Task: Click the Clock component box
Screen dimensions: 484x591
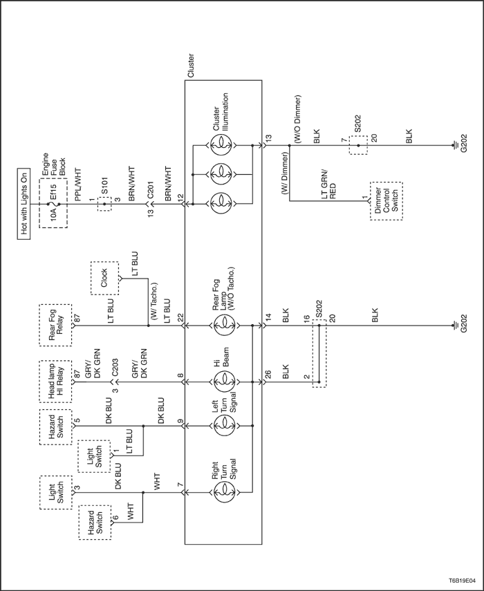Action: tap(104, 278)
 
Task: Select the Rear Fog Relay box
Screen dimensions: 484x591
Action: tap(55, 325)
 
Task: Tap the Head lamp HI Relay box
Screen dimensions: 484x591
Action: tap(55, 382)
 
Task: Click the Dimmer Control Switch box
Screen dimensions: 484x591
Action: tap(387, 201)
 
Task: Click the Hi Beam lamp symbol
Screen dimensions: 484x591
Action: tap(224, 382)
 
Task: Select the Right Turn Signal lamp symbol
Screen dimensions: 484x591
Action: tap(224, 492)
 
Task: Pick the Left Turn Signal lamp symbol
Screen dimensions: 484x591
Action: tap(224, 426)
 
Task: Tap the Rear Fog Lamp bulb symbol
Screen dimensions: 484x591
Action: tap(224, 325)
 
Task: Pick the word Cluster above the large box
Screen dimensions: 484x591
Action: tap(190, 66)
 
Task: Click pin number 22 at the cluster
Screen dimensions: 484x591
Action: tap(180, 317)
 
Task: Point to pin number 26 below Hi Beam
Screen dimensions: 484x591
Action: tap(268, 374)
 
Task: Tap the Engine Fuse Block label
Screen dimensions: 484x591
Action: tap(53, 165)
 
